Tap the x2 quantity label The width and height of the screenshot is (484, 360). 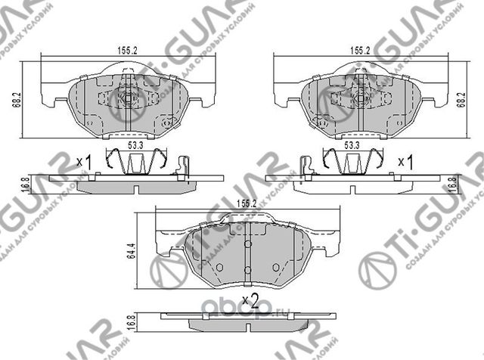[250, 301]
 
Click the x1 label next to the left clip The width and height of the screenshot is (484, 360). [84, 162]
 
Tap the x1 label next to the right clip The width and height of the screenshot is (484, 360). [405, 162]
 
